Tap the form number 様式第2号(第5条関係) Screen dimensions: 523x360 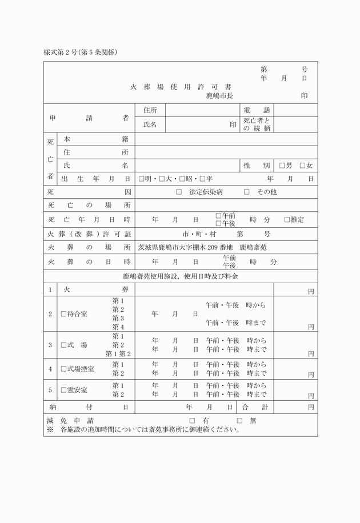coord(81,52)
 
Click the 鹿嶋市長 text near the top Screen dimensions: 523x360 coord(219,95)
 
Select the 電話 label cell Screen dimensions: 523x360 coord(257,110)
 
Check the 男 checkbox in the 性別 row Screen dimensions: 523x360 coord(282,166)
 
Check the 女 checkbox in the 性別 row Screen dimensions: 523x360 coord(303,166)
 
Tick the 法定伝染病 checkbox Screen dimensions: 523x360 coord(179,192)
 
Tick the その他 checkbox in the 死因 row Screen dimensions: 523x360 coord(247,192)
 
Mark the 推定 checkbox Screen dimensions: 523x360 coord(287,219)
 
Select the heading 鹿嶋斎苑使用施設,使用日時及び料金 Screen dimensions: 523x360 coord(181,276)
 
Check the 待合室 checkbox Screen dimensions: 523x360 coord(64,314)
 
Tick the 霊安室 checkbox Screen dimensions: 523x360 coord(64,390)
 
